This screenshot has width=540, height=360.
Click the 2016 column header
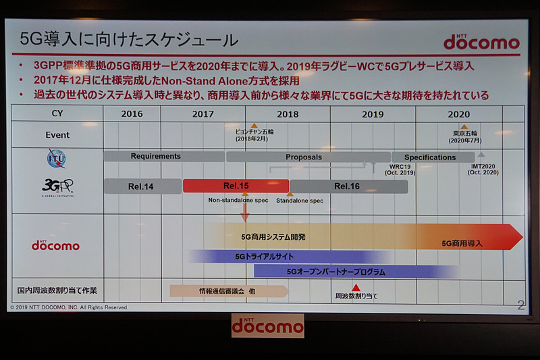coord(132,114)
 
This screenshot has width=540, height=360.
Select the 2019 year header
coord(373,114)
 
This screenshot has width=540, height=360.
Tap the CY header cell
coord(57,113)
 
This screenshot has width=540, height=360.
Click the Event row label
coord(57,135)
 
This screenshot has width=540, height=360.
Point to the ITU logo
coord(57,159)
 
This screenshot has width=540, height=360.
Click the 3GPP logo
coord(57,186)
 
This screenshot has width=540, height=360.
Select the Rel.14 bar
coord(142,186)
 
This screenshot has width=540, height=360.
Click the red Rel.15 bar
coord(236,186)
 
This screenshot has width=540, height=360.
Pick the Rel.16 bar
coord(348,186)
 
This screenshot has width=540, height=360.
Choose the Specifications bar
coord(431,157)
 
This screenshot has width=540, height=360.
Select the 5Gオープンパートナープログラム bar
coord(335,272)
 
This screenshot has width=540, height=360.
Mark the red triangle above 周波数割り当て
coord(356,288)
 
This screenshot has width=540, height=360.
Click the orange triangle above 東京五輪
coord(464,126)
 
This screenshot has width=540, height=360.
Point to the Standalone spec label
coord(299,201)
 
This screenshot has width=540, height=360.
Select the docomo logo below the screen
coord(267,326)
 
